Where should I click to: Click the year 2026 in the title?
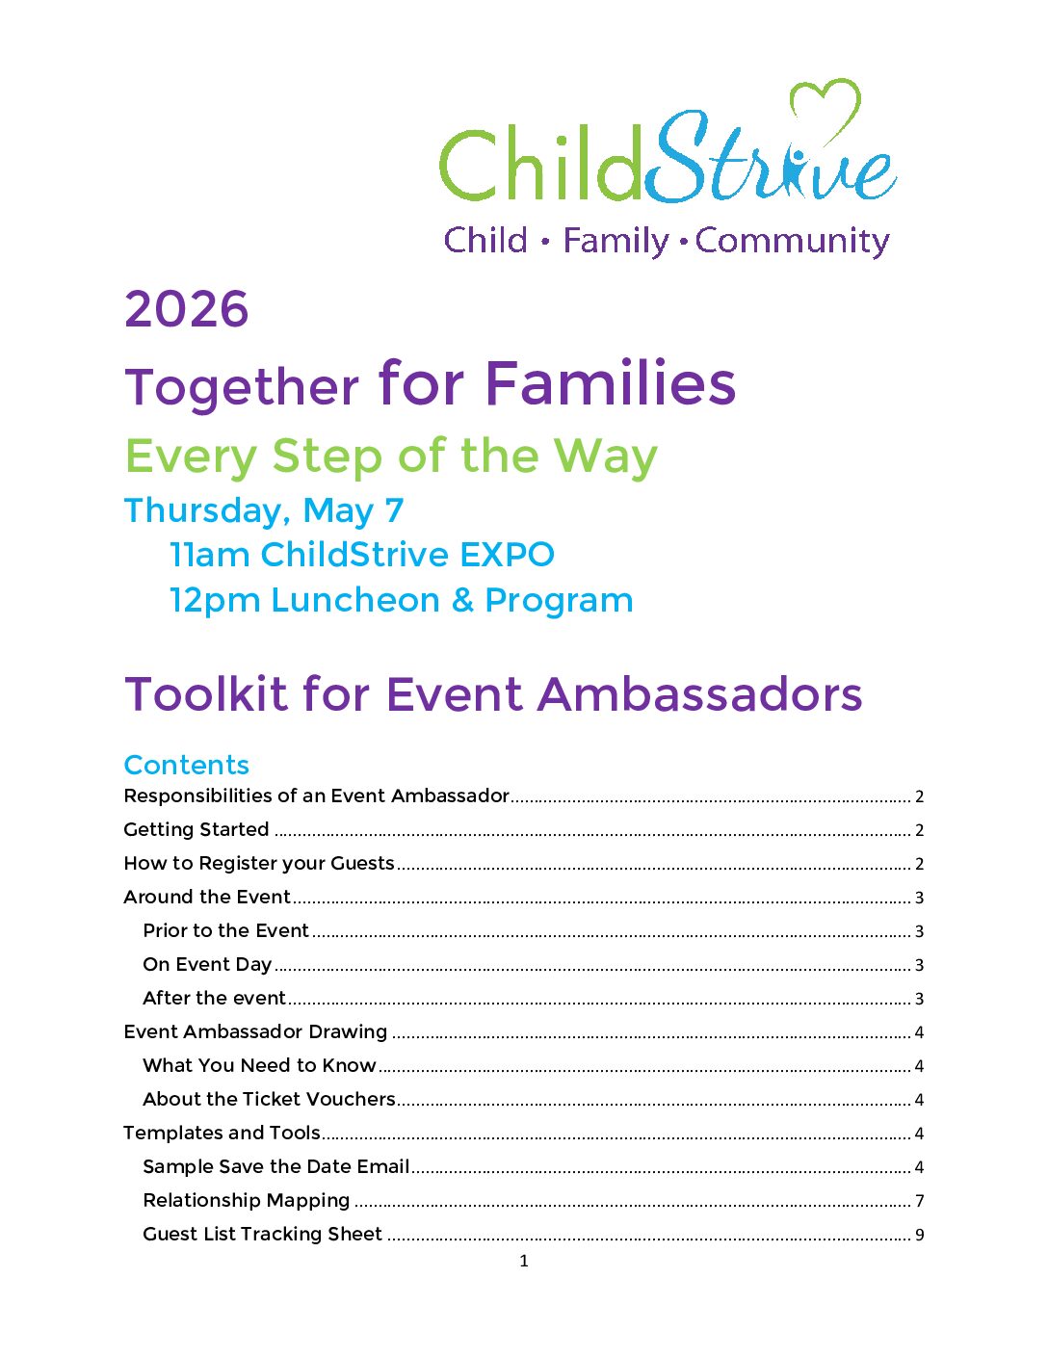click(x=187, y=309)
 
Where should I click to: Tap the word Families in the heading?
click(x=610, y=383)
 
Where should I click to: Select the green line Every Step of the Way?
click(x=391, y=456)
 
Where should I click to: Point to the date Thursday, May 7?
click(x=264, y=510)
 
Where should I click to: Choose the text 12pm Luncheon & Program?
click(x=401, y=600)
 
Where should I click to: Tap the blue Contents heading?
click(x=187, y=765)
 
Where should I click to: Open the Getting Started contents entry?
click(x=196, y=829)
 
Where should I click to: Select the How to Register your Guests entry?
click(x=259, y=863)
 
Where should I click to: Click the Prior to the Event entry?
click(x=225, y=930)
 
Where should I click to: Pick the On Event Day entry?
click(x=207, y=964)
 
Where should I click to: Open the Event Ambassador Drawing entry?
click(x=255, y=1031)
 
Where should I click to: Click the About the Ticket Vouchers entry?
click(x=269, y=1099)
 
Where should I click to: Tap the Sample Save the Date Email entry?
click(x=275, y=1166)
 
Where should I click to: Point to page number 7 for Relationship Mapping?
click(x=920, y=1201)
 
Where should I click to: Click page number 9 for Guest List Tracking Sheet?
click(x=920, y=1235)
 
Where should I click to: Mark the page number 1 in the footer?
click(x=524, y=1261)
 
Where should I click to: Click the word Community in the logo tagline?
click(x=792, y=241)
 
